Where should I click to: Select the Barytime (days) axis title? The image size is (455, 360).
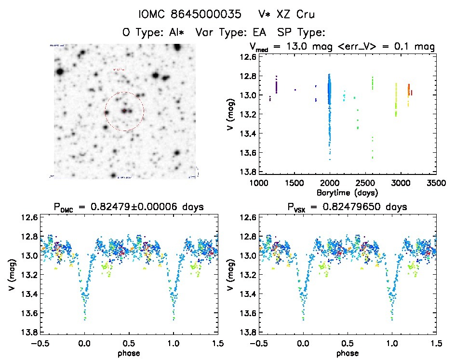coord(347,192)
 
